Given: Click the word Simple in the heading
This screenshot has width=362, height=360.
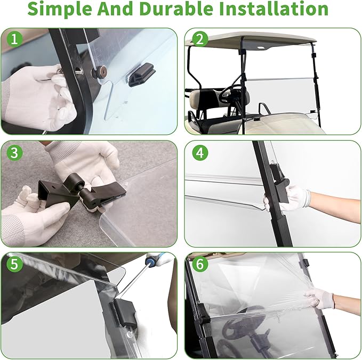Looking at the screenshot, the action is pos(60,9).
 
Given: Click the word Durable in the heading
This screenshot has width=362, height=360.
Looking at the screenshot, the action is pos(176,9).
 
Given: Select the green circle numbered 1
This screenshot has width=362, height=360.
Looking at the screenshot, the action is pos(14,39).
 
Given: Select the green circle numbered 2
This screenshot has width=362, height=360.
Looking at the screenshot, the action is pos(200,39).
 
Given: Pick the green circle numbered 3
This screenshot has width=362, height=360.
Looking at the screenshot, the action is pos(14,153).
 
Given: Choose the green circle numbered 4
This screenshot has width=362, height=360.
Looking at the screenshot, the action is pos(200,153).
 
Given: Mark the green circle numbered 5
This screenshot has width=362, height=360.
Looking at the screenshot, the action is pos(14,264).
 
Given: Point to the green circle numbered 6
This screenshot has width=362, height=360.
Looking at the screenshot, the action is pos(200,264).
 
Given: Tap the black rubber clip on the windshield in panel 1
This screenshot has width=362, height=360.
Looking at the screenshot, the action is pos(140,75).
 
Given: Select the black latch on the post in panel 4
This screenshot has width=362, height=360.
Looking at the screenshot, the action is pos(279,182).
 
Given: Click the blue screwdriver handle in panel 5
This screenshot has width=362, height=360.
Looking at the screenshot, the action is pos(157,258).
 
